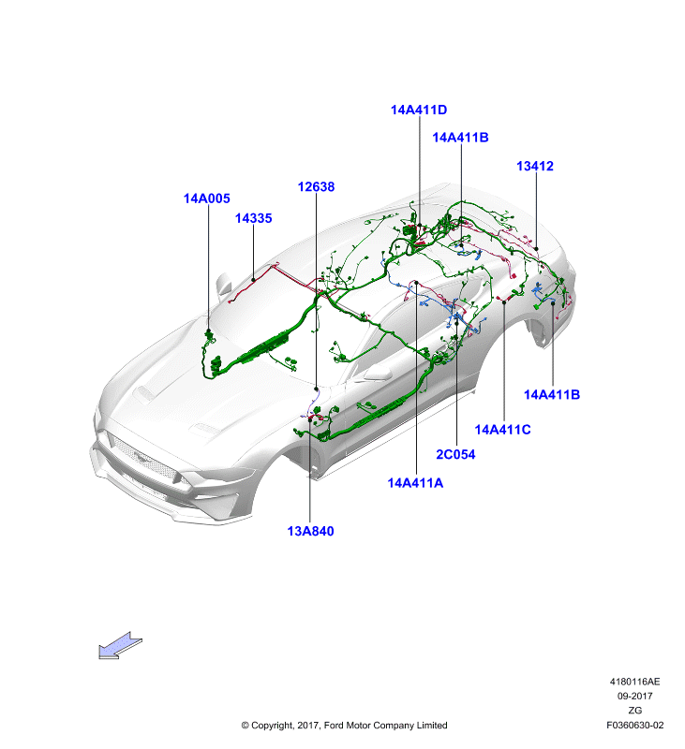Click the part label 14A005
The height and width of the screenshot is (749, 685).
coord(206,198)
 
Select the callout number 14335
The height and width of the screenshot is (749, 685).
coord(253,218)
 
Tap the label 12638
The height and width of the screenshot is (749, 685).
coord(316,186)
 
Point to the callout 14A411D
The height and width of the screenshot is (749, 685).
coord(419,110)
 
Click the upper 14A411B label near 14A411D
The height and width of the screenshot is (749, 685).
coord(460,138)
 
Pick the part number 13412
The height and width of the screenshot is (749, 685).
coord(535,167)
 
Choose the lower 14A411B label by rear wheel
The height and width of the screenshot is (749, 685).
coord(552,394)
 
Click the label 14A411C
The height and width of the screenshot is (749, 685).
coord(502,430)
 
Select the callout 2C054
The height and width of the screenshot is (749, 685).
coord(455,454)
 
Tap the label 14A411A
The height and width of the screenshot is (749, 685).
coord(415,483)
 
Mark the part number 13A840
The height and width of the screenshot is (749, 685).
coord(310,531)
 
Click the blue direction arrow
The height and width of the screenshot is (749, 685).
coord(121,646)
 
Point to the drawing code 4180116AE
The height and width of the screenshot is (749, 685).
coord(634,682)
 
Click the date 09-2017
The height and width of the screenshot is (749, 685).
coord(634,696)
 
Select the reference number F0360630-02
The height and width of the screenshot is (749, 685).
coord(634,725)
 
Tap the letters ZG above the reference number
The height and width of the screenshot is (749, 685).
coord(634,711)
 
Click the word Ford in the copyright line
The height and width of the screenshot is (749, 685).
coord(334,725)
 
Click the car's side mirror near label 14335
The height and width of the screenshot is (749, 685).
coord(224,285)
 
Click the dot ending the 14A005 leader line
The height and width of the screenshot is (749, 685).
coord(208,330)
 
